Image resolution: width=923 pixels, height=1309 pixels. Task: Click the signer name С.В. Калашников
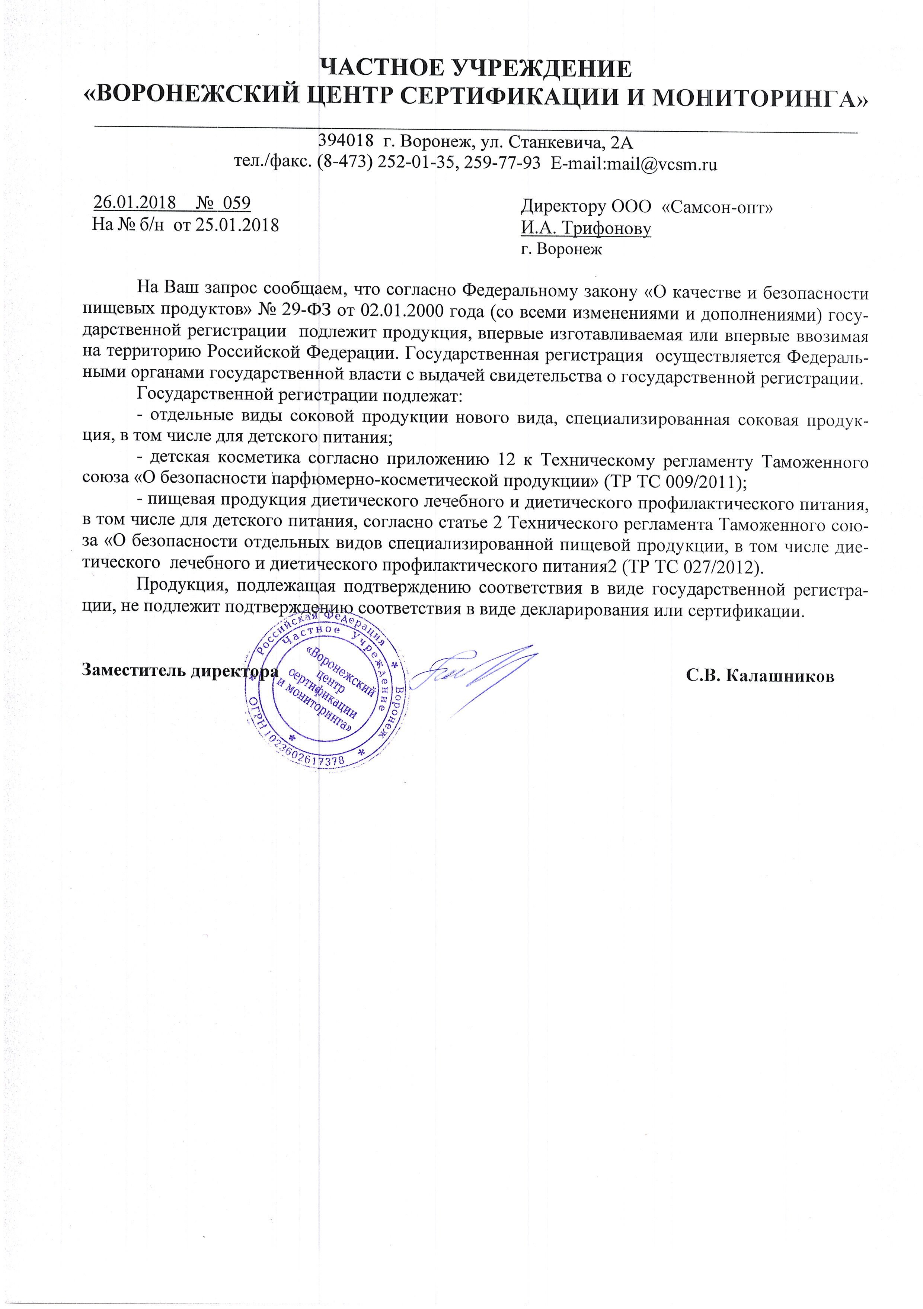pos(760,676)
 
